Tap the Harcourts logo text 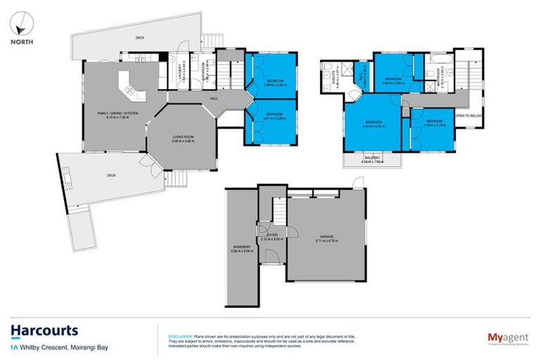coord(44,330)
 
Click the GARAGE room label coord(327,236)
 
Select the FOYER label coord(272,235)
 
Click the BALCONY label coord(372,157)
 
